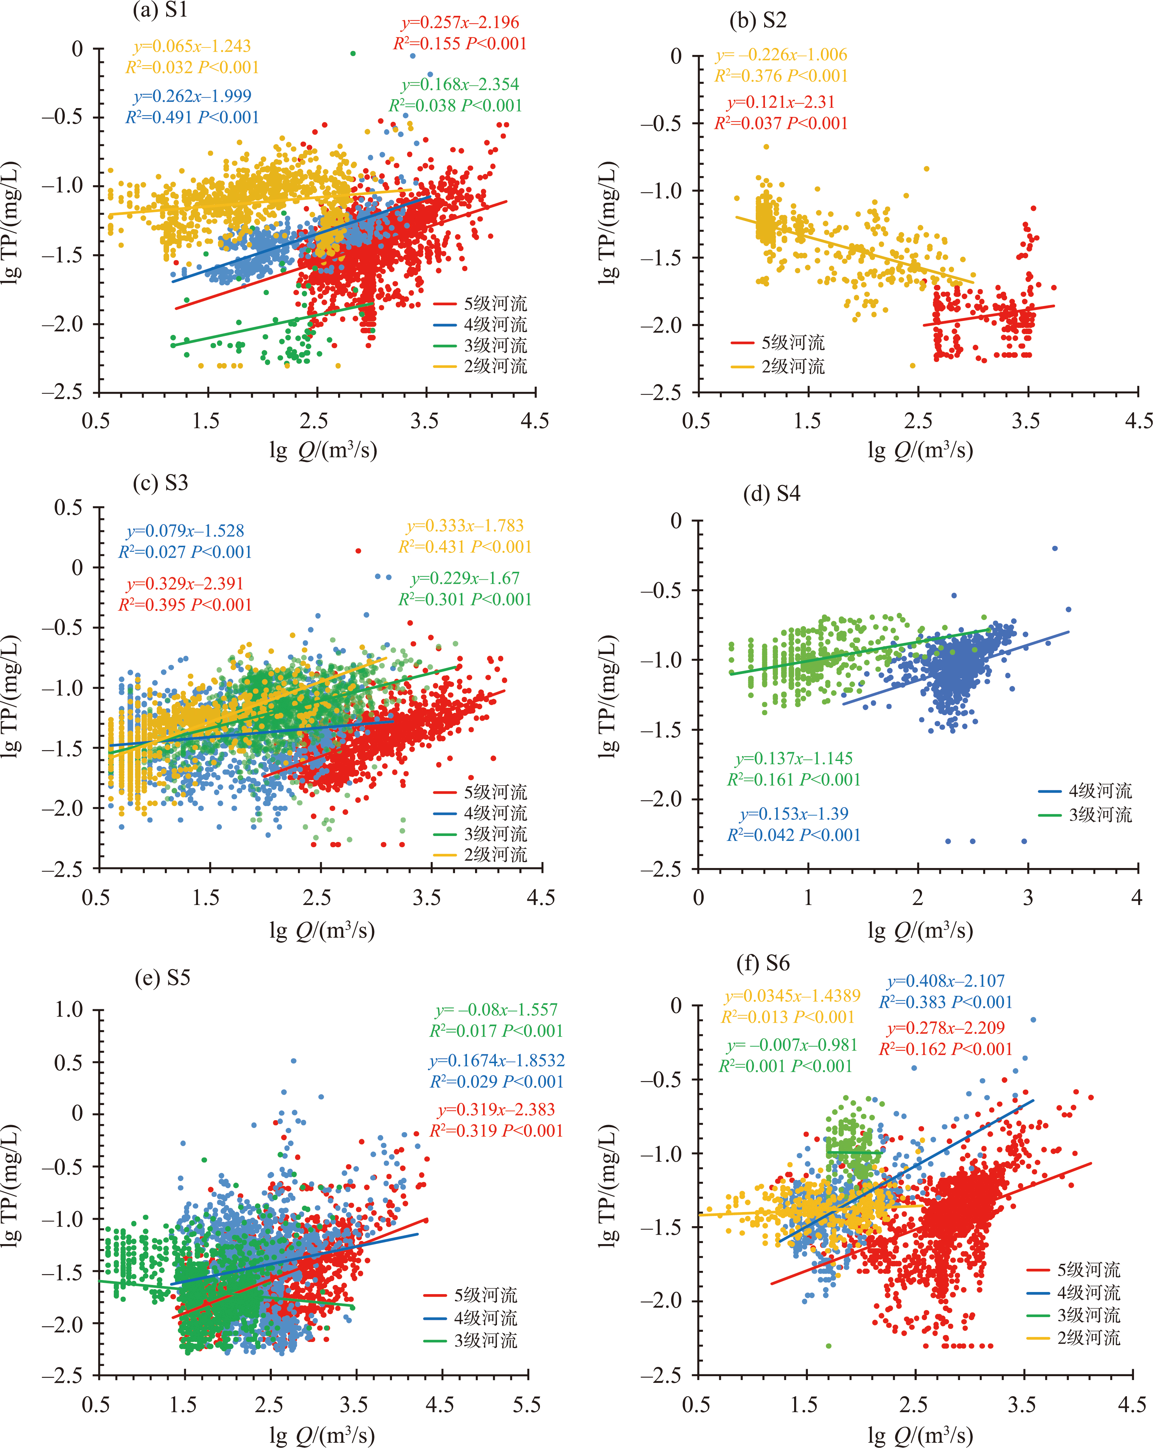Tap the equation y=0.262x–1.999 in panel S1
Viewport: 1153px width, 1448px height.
tap(193, 96)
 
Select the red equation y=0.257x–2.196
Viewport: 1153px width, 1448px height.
tap(461, 23)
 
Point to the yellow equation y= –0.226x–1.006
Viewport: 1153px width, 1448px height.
tap(781, 55)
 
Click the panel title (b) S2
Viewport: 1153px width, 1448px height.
tap(758, 21)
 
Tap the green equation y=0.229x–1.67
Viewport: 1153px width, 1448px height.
tap(465, 578)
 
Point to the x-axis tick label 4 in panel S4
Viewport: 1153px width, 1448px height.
tap(1136, 898)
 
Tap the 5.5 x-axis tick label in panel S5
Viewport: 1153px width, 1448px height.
tap(526, 1405)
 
